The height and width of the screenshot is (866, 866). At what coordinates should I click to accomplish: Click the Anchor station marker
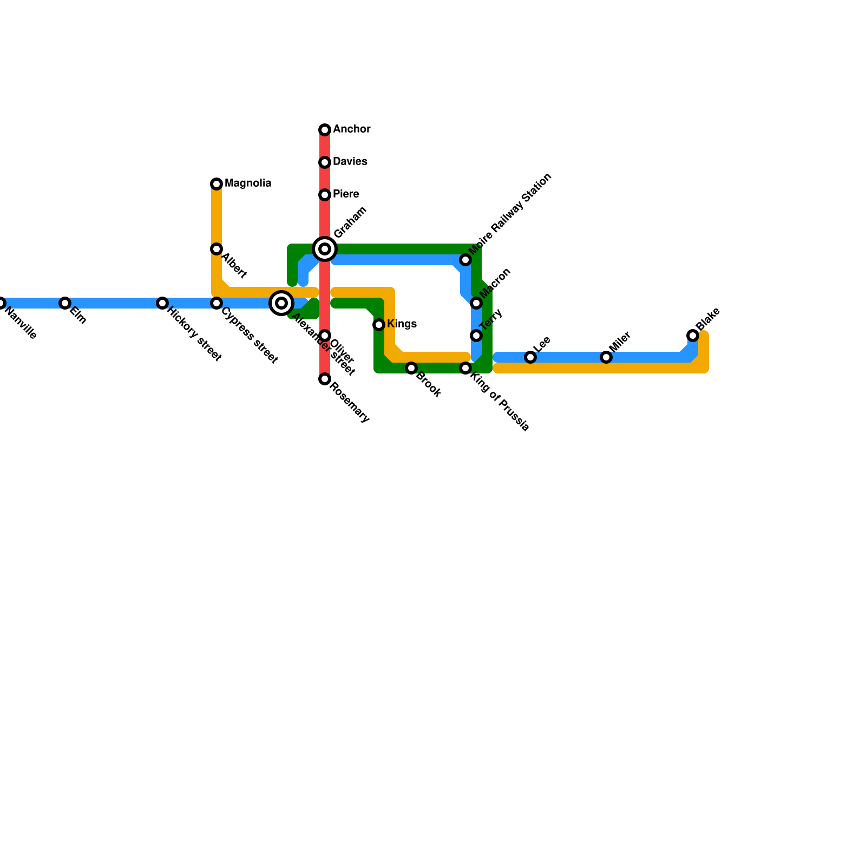click(325, 130)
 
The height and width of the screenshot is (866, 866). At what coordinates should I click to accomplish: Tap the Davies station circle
click(325, 162)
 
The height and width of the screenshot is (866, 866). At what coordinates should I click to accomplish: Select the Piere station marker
click(325, 195)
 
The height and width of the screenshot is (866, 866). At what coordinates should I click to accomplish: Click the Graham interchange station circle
click(325, 249)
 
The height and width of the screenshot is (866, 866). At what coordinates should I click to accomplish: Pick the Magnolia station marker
click(216, 184)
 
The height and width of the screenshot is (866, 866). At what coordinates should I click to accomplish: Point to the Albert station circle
click(216, 249)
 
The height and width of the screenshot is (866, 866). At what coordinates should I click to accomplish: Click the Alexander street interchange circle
click(281, 303)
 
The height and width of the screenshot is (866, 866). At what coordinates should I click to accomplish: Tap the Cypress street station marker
click(216, 303)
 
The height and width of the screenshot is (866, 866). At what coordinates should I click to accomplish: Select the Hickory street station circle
click(162, 303)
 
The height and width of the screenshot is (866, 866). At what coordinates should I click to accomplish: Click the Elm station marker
click(65, 303)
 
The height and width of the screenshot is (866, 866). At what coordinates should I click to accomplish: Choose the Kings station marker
click(379, 325)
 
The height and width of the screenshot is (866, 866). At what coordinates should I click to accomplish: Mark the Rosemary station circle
click(325, 379)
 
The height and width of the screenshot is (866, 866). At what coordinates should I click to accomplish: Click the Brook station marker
click(411, 368)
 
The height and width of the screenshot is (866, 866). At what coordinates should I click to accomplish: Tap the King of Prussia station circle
click(465, 368)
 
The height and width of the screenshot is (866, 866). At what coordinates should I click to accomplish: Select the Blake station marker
click(693, 336)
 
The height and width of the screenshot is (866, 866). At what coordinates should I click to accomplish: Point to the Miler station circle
click(606, 357)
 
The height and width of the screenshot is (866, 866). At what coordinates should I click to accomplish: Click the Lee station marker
click(530, 357)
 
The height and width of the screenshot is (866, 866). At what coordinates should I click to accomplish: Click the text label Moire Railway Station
click(510, 214)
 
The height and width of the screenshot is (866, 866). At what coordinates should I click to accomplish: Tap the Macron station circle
click(476, 303)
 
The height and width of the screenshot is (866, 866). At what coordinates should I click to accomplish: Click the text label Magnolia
click(248, 183)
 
